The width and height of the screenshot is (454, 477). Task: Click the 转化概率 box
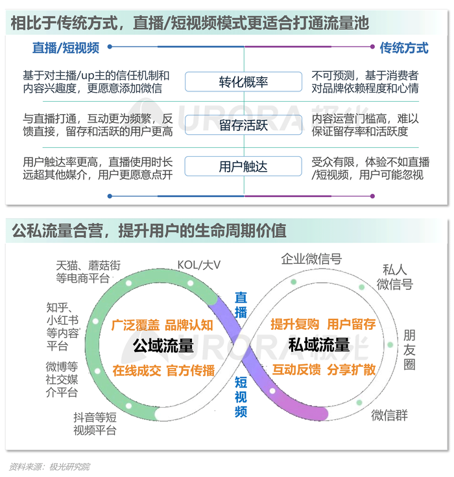(x=243, y=82)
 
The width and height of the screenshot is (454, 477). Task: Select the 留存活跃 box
(x=243, y=124)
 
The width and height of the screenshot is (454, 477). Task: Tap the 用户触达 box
(x=243, y=166)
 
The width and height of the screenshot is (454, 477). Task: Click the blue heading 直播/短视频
(x=66, y=48)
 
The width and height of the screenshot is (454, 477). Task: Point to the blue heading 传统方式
(x=404, y=48)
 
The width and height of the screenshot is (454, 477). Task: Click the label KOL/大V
(x=198, y=265)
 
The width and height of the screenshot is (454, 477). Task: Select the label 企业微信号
(x=311, y=259)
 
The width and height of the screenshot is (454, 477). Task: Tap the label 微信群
(x=389, y=415)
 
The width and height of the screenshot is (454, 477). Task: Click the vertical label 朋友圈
(x=409, y=350)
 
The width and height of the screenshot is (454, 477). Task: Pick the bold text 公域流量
(x=163, y=345)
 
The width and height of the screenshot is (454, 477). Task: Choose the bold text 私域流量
(x=319, y=345)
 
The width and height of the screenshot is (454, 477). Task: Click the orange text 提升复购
(x=294, y=324)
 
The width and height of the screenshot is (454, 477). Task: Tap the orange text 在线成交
(x=137, y=371)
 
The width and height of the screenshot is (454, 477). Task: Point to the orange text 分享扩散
(x=351, y=369)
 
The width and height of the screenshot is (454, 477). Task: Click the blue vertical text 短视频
(x=241, y=397)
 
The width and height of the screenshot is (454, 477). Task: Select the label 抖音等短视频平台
(x=95, y=423)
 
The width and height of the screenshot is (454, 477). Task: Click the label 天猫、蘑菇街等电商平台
(x=88, y=272)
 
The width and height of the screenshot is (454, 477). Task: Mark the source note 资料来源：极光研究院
(x=49, y=467)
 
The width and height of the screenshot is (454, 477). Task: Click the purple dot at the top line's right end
(x=372, y=47)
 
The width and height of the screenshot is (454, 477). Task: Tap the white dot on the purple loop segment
(x=272, y=391)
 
